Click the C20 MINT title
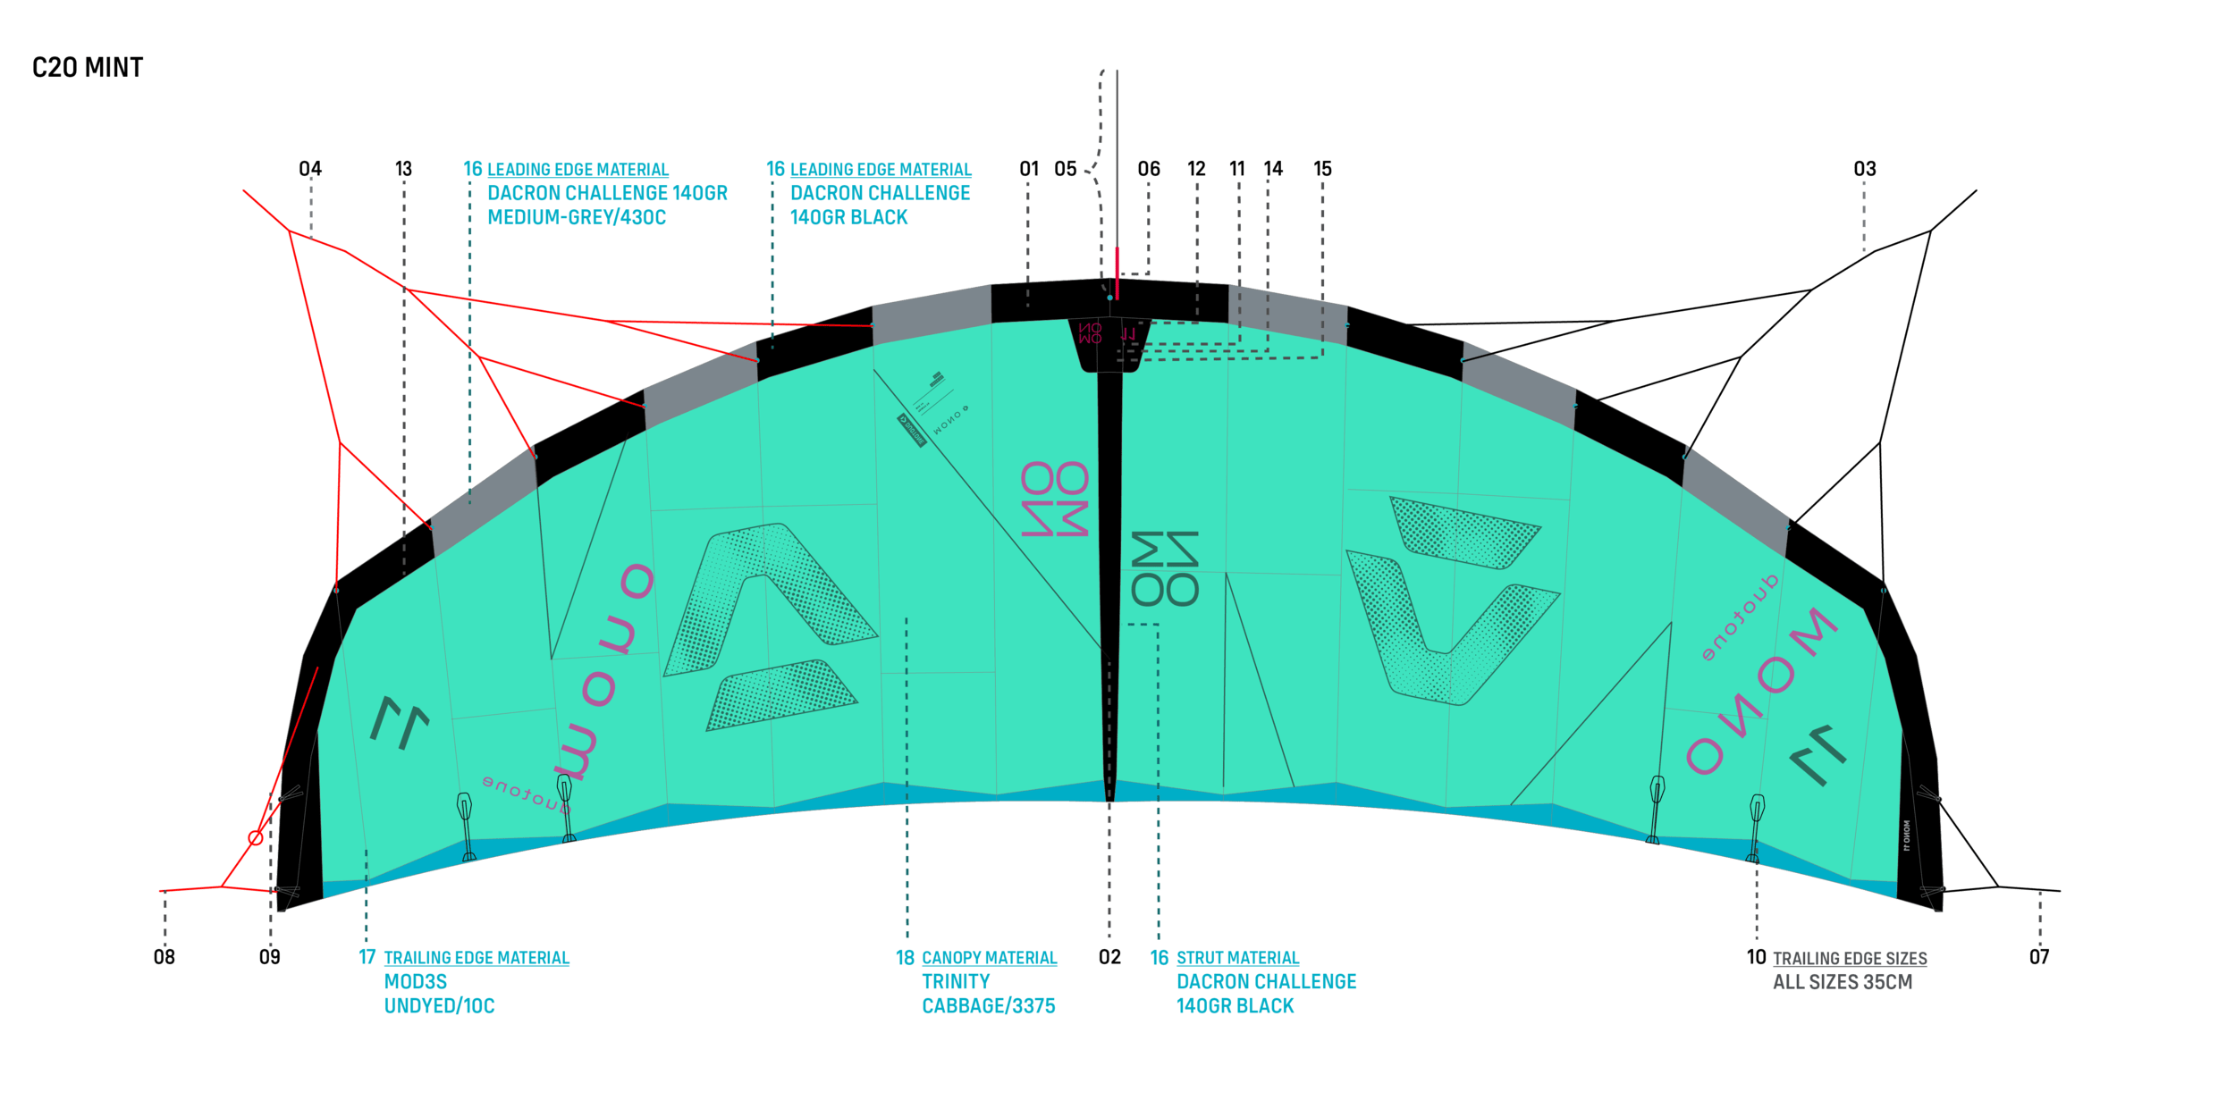[x=88, y=68]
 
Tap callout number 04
[x=310, y=169]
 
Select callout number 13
[x=403, y=169]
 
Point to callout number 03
[x=1864, y=169]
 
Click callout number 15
[x=1322, y=169]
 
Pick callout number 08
[x=164, y=957]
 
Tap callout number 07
[x=2039, y=957]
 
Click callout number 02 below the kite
[x=1109, y=957]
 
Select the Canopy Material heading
[x=989, y=958]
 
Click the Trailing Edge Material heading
[x=477, y=958]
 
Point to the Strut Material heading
[x=1237, y=958]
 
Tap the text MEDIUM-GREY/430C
[x=577, y=217]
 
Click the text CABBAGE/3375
[x=989, y=1006]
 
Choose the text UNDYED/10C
[x=439, y=1006]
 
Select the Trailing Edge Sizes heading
[x=1850, y=959]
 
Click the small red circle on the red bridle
[x=256, y=837]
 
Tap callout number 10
[x=1756, y=957]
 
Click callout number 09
[x=269, y=957]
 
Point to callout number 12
[x=1196, y=169]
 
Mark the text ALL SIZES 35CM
[x=1843, y=982]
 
